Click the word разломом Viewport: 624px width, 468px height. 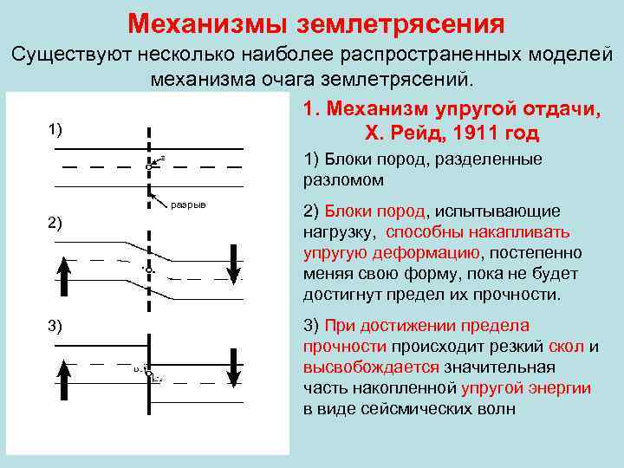click(x=344, y=180)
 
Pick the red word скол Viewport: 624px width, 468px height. click(x=565, y=347)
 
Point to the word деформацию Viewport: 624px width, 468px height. click(x=427, y=253)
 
